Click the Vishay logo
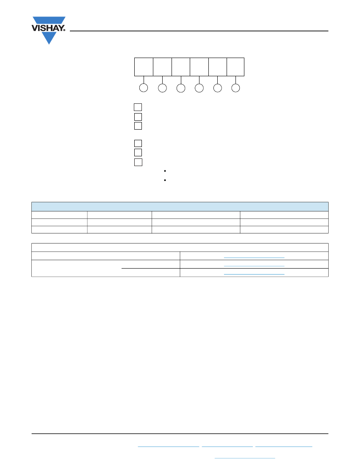pos(48,30)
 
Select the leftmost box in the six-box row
pos(144,67)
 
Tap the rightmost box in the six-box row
pos(235,67)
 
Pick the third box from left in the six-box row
pos(181,67)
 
